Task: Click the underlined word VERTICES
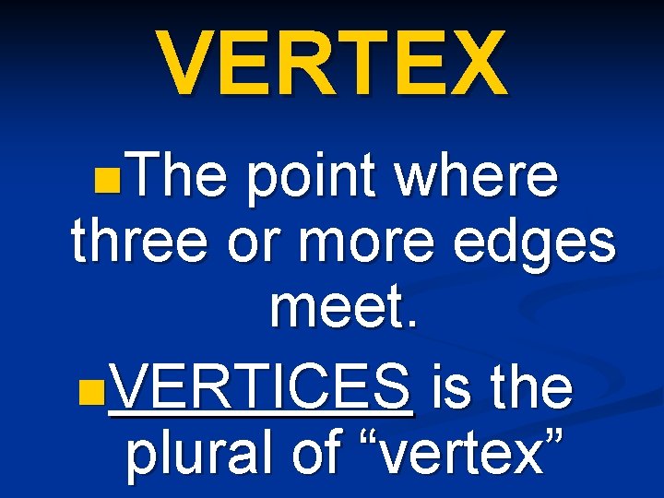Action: (x=261, y=388)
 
